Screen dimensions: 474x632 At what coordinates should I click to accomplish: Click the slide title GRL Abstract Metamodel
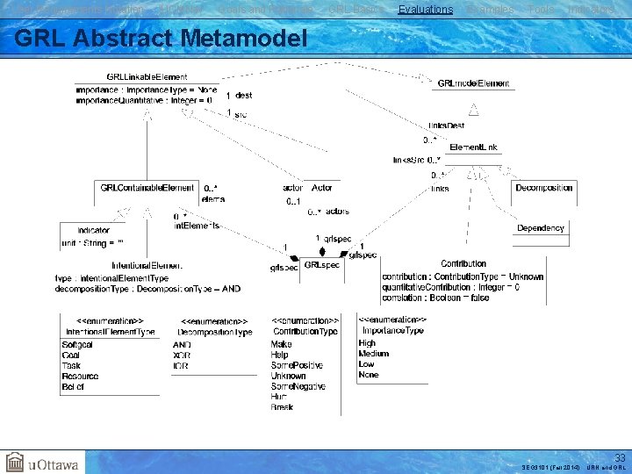click(x=162, y=39)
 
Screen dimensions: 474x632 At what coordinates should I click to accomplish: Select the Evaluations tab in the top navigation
click(x=426, y=10)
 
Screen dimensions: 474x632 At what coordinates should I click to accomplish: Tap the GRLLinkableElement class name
click(x=147, y=77)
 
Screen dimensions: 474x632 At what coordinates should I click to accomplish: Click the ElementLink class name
click(x=473, y=147)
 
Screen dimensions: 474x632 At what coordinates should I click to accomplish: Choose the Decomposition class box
click(x=544, y=188)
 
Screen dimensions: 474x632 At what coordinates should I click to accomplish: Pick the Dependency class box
click(x=541, y=228)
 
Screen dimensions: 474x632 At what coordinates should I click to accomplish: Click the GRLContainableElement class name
click(x=147, y=188)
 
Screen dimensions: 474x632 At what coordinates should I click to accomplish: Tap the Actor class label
click(x=321, y=188)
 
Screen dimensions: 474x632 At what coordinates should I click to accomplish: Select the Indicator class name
click(x=94, y=231)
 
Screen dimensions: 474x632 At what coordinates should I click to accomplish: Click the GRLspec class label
click(x=321, y=264)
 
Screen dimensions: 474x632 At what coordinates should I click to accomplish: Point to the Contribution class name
click(x=463, y=263)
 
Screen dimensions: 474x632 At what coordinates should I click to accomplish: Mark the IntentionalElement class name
click(x=147, y=265)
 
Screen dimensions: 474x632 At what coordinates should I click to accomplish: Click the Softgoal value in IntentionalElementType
click(x=79, y=345)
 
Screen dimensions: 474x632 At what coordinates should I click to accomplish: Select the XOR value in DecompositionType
click(x=182, y=355)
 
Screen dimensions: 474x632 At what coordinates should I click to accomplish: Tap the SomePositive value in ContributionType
click(x=298, y=365)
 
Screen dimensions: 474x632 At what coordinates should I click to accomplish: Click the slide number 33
click(x=619, y=457)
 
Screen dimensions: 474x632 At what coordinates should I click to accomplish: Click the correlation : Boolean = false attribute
click(x=436, y=298)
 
